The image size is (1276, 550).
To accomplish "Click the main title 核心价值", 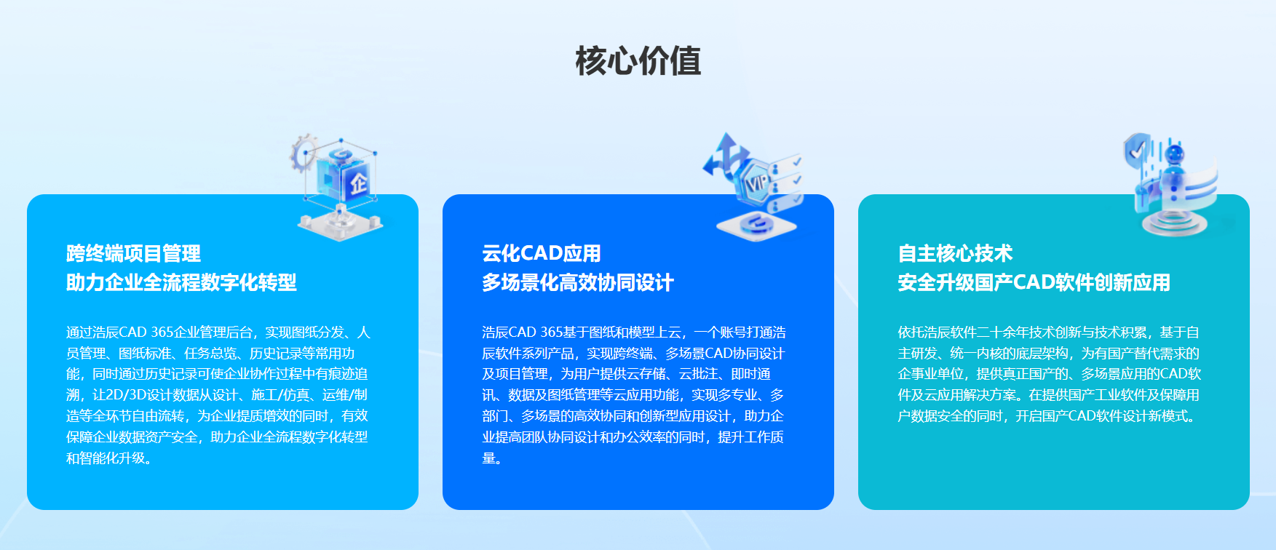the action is (638, 60).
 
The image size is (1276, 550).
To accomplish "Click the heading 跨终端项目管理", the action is (133, 253).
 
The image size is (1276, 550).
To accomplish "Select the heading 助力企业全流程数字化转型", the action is (181, 282).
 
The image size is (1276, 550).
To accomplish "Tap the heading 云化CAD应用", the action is (542, 253).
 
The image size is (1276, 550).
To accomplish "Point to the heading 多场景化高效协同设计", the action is (578, 282).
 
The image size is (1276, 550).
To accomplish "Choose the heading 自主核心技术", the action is (955, 253).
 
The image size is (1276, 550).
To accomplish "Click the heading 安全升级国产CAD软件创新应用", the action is (1034, 282).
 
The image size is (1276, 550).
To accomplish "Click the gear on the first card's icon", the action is (303, 153).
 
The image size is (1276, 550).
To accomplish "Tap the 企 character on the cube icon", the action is (358, 182).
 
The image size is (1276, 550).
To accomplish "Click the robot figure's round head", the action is (1173, 154).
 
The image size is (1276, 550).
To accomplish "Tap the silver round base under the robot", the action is (1170, 221).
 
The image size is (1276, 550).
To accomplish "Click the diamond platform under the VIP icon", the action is (756, 225).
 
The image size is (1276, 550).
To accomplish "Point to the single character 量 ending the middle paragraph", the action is (488, 458).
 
